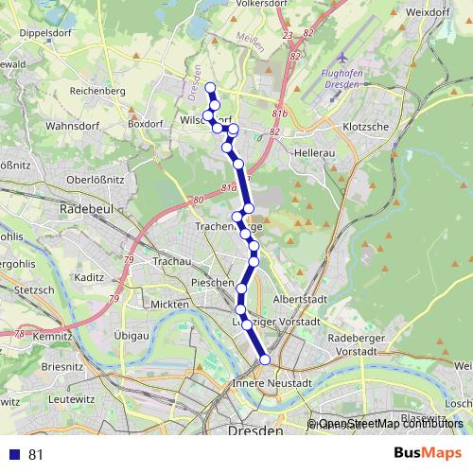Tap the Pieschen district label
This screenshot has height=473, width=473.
211,283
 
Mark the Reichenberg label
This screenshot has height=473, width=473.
97,91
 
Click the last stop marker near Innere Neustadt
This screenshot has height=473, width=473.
265,359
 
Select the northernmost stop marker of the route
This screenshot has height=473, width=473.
210,88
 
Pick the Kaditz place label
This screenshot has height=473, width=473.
88,278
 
